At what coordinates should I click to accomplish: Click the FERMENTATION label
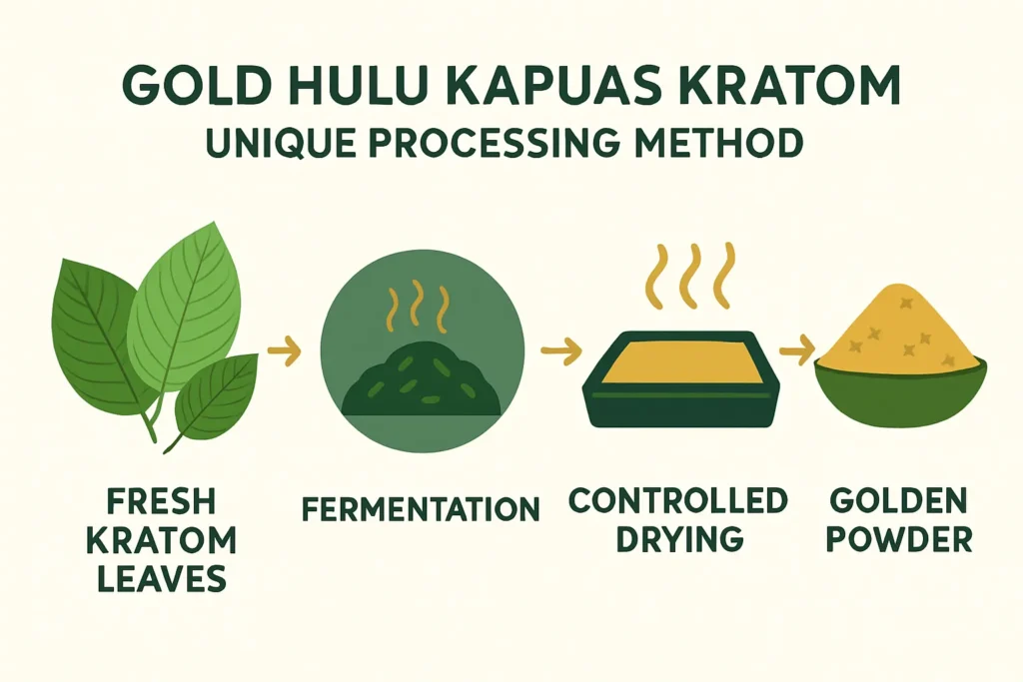coord(420,510)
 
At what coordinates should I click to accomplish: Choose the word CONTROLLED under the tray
coord(678,501)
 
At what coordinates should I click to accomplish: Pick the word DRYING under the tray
coord(679,539)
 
